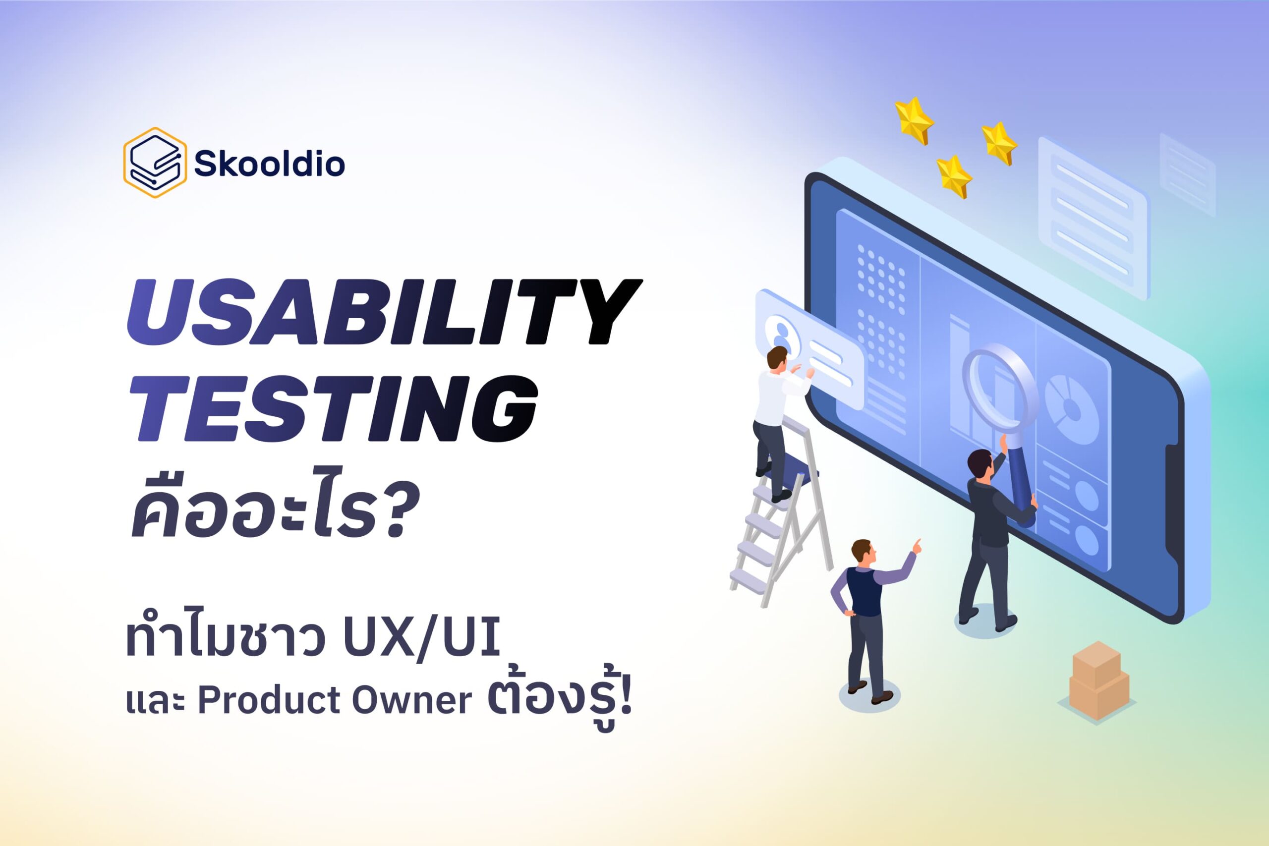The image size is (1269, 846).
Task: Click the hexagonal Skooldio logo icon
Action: (x=155, y=163)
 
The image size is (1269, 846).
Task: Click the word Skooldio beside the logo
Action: (x=269, y=164)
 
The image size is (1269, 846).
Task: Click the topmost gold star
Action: (x=914, y=120)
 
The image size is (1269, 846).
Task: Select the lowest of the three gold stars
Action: (x=953, y=176)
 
